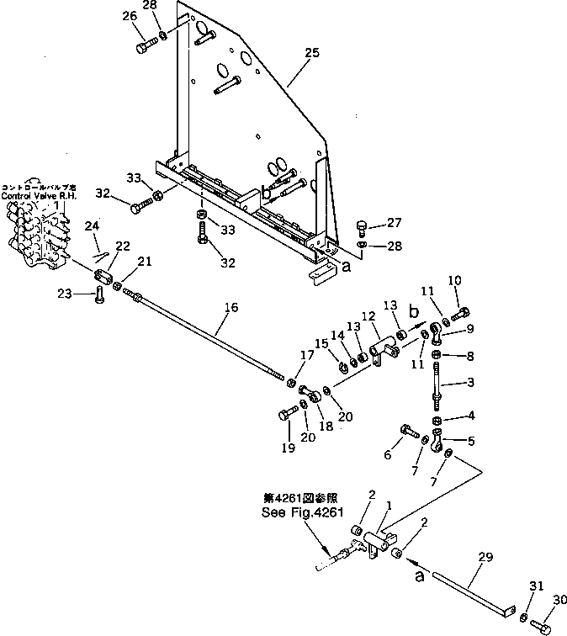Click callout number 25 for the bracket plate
[x=311, y=54]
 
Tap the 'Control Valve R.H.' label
[x=37, y=195]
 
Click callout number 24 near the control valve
[x=92, y=225]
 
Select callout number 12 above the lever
[x=367, y=316]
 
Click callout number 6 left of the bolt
[x=388, y=455]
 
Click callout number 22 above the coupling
[x=123, y=246]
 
